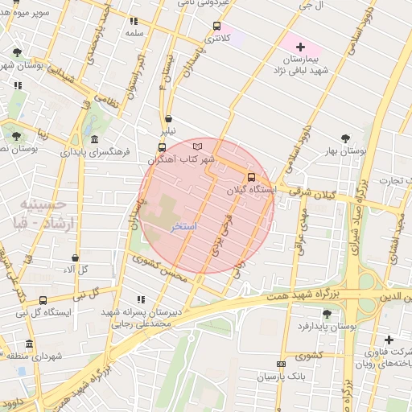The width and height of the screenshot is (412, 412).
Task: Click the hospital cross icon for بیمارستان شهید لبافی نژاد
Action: pyautogui.click(x=301, y=47)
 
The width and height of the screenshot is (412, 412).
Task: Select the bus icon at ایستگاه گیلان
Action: pyautogui.click(x=251, y=177)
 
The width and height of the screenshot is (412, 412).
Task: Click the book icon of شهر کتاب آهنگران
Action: pyautogui.click(x=198, y=146)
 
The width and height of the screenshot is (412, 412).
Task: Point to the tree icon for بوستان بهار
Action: pyautogui.click(x=346, y=138)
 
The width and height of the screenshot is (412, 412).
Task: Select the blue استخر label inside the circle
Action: pyautogui.click(x=184, y=228)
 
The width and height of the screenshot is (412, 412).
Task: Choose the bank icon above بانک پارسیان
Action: pyautogui.click(x=280, y=365)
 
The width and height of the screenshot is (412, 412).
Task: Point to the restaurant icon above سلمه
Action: pyautogui.click(x=134, y=22)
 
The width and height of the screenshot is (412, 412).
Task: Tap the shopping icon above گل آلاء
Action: pyautogui.click(x=80, y=255)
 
